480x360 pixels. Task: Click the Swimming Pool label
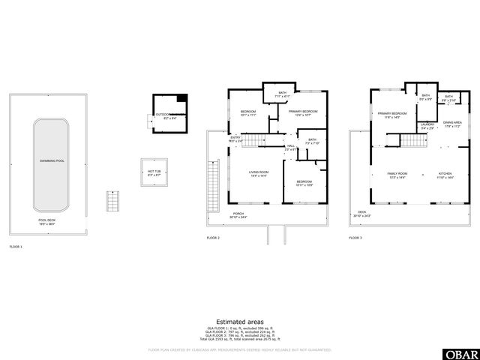click(52, 160)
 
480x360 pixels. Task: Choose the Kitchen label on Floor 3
click(445, 175)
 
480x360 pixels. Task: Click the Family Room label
click(396, 175)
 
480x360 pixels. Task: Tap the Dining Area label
click(452, 124)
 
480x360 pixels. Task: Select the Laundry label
click(427, 126)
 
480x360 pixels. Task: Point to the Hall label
click(291, 148)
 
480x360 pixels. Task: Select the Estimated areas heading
click(239, 321)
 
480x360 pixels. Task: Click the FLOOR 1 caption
click(16, 247)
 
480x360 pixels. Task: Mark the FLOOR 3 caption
click(355, 238)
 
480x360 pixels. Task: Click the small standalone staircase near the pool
click(112, 201)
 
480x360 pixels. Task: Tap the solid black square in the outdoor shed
click(181, 98)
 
